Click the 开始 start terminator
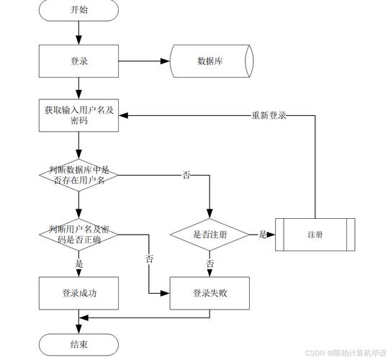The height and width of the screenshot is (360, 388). (79, 10)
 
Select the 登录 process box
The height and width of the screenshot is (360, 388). (79, 61)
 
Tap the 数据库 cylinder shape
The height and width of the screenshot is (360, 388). (210, 61)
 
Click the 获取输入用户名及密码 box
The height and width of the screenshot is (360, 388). (78, 115)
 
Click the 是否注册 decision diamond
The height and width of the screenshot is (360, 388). (209, 235)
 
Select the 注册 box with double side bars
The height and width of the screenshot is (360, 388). (315, 235)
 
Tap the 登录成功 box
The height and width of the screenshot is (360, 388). (79, 293)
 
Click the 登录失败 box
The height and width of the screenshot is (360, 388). (209, 293)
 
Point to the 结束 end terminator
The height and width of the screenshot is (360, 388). (79, 345)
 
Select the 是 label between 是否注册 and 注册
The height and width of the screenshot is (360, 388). (263, 235)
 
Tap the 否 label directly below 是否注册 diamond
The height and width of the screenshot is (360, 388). (210, 264)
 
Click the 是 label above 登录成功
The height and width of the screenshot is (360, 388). (79, 264)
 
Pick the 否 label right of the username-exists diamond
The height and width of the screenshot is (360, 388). (186, 175)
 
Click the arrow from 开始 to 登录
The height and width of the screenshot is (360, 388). (78, 32)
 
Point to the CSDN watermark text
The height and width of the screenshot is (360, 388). (345, 354)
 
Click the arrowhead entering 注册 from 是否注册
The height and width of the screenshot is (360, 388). (273, 235)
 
